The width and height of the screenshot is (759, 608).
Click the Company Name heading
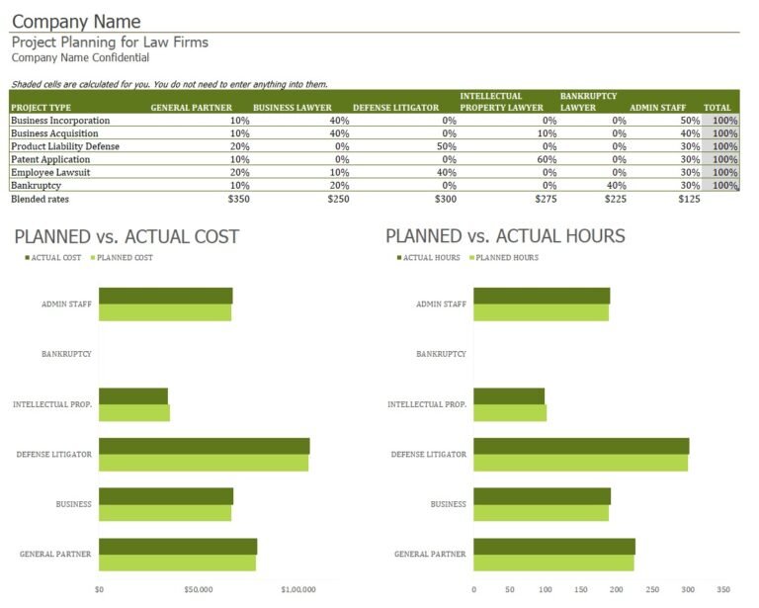(x=76, y=21)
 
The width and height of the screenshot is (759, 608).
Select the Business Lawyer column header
(x=292, y=108)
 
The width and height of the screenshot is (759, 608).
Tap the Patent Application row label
(x=50, y=159)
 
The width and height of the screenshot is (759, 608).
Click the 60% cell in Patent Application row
(x=547, y=159)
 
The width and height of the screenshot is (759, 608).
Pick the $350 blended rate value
(x=238, y=199)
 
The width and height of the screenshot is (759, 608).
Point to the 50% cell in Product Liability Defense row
(x=447, y=146)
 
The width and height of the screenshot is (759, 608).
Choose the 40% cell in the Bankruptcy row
(x=617, y=185)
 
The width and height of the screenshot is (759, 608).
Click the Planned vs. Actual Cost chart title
(x=126, y=236)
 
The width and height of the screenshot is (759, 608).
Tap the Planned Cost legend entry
(x=125, y=258)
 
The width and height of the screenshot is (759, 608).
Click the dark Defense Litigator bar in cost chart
(x=204, y=446)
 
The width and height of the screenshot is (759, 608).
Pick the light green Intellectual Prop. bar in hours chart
(x=510, y=413)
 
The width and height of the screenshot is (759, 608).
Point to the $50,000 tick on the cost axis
(x=199, y=589)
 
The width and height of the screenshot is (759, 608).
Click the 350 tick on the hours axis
(x=723, y=589)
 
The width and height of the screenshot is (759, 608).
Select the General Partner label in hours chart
(x=430, y=554)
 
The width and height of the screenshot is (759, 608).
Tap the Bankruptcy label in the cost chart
(x=66, y=353)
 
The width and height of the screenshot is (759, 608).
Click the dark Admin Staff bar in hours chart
(x=542, y=296)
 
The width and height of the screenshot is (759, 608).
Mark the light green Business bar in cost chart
(x=165, y=513)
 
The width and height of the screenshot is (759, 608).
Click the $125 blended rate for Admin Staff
(x=689, y=199)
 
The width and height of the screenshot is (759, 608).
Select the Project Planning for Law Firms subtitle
(x=110, y=43)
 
